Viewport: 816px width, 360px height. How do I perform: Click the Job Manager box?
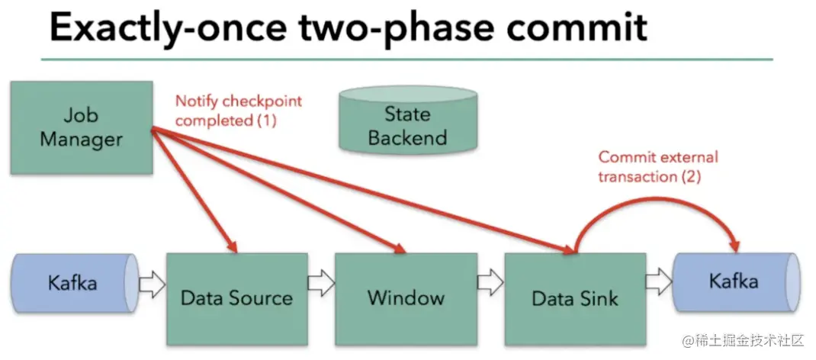coord(82,128)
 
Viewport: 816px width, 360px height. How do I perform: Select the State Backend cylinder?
coord(407,120)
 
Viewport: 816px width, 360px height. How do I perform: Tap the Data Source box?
coord(236,299)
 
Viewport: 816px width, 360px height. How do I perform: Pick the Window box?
coord(406,299)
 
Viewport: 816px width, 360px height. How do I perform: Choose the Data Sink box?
coord(575,299)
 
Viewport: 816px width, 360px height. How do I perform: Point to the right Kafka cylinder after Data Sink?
coord(737,282)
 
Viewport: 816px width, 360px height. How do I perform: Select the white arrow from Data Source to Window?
coord(321,284)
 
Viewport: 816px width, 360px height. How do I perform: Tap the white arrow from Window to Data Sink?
coord(490,284)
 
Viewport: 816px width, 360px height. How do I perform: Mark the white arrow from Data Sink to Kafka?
coord(660,282)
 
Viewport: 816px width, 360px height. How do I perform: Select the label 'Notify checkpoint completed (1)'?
coord(239,111)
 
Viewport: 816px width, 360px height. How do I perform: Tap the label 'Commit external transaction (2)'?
coord(658,167)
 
